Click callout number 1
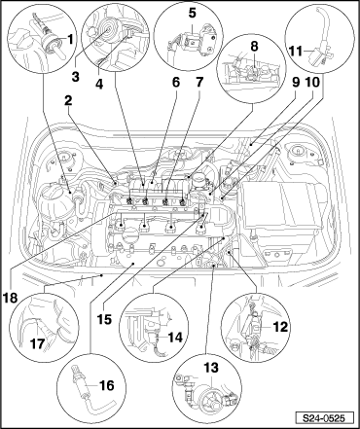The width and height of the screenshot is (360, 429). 70,40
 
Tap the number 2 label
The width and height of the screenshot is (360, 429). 68,101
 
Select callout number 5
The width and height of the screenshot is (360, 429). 193,14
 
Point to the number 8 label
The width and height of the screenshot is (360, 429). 255,46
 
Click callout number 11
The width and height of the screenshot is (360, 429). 295,51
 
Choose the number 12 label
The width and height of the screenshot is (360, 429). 280,327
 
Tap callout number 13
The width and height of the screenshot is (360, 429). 211,368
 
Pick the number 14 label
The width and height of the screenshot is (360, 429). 175,338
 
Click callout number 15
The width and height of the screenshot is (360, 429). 104,319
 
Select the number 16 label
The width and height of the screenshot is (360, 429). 107,385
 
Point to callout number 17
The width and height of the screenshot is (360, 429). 37,343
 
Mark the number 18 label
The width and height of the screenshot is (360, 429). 11,298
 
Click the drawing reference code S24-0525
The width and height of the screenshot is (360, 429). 324,418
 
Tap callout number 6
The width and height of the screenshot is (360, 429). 175,83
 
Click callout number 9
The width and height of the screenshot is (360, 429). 296,83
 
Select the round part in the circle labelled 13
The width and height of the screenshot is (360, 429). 210,395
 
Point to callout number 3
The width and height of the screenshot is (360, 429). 76,77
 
